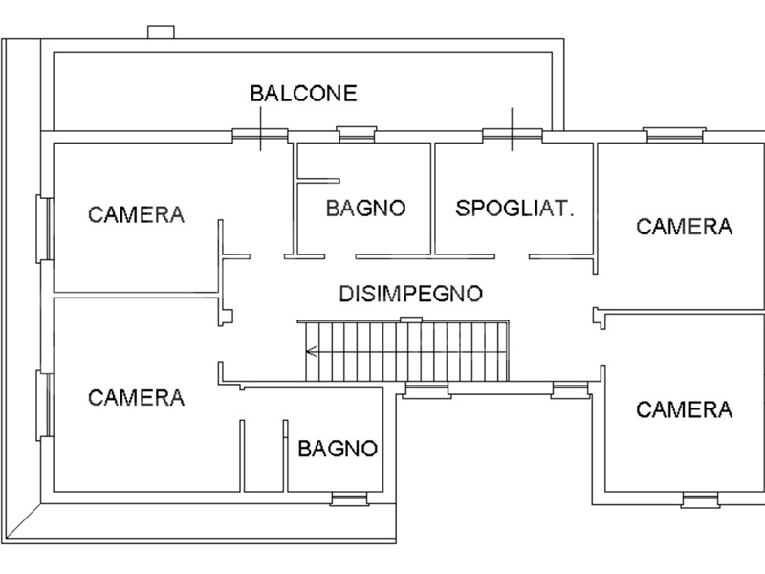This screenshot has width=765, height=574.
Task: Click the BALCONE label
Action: click(x=303, y=93)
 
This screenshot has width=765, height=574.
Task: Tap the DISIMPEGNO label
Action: click(x=410, y=294)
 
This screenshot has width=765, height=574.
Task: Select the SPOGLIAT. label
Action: click(x=514, y=208)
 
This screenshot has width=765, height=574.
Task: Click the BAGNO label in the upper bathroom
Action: click(x=365, y=208)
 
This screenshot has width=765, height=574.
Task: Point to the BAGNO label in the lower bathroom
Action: click(x=338, y=448)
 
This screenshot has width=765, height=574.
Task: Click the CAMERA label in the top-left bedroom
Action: click(x=136, y=213)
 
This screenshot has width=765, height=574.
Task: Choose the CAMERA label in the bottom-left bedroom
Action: click(x=136, y=397)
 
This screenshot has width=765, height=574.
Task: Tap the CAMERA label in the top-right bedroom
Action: click(x=684, y=227)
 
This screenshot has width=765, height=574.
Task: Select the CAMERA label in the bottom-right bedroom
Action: click(x=684, y=409)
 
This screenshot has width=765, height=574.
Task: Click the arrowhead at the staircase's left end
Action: click(x=310, y=351)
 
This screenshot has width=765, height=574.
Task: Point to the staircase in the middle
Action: click(x=406, y=351)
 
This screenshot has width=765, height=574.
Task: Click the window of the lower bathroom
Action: click(x=349, y=497)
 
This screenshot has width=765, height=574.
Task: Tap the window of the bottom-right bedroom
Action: click(x=700, y=499)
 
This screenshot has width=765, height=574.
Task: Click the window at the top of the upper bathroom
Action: click(x=357, y=134)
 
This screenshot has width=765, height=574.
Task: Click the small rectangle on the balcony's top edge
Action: click(x=160, y=33)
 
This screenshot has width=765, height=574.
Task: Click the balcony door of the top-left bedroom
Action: click(x=260, y=134)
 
